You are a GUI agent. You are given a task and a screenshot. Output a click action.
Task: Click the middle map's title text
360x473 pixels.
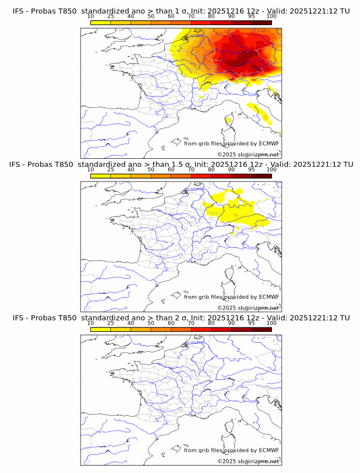point(181,165)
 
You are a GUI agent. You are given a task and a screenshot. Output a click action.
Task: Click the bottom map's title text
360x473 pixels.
point(181,318)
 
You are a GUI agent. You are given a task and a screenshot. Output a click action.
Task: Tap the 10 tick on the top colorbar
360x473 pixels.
point(91,16)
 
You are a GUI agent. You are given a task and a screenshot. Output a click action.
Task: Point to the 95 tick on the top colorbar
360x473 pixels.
point(251,16)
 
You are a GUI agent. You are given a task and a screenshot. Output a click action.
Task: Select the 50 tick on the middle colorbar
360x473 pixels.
point(151,170)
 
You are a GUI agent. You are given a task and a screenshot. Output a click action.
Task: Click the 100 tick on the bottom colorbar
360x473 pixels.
point(271,323)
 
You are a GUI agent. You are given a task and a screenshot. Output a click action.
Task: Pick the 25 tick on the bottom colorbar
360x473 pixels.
point(111,323)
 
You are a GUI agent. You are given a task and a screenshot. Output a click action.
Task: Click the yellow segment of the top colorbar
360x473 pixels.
point(101,22)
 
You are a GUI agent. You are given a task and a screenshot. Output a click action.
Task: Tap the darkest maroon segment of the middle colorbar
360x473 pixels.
point(261,176)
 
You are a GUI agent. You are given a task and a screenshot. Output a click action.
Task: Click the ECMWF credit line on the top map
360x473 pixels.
point(231,143)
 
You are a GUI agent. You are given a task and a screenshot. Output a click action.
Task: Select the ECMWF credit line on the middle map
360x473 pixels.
point(231,297)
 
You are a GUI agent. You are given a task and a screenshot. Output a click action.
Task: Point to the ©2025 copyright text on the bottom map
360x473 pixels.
point(248,461)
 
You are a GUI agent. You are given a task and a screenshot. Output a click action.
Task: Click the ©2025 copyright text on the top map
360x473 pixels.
point(248,154)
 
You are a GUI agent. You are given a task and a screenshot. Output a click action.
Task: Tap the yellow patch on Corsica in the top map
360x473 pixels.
point(229,120)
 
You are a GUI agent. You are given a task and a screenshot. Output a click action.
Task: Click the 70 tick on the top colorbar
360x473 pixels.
point(191,16)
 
